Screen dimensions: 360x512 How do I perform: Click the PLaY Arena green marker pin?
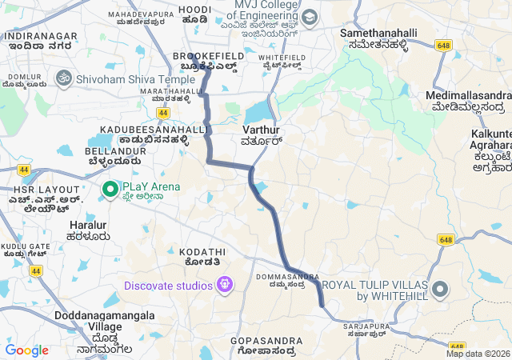(x=110, y=189)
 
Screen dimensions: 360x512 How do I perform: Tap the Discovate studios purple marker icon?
(x=225, y=285)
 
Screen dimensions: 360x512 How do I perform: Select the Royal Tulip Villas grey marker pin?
(x=440, y=290)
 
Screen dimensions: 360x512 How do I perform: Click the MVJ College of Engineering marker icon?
(x=309, y=17)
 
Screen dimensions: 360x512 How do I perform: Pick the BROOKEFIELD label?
(x=196, y=55)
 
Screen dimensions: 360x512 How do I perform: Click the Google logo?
(x=26, y=350)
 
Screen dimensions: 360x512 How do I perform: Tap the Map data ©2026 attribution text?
(x=477, y=354)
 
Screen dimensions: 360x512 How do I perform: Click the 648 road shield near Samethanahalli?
(x=445, y=46)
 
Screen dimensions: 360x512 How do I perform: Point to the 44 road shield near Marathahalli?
(x=163, y=114)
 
